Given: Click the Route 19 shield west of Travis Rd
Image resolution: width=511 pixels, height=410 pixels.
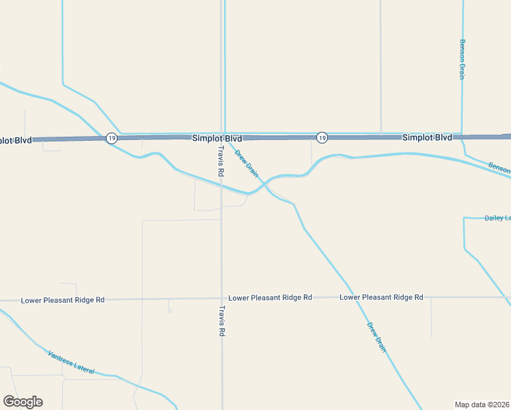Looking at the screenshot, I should tap(111, 138).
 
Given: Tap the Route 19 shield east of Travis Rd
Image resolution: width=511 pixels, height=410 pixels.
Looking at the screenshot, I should tap(322, 138).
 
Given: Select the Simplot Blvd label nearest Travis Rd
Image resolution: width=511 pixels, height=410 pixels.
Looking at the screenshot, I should tap(217, 138).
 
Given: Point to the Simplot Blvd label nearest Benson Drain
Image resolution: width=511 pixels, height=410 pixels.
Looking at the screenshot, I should tap(427, 137).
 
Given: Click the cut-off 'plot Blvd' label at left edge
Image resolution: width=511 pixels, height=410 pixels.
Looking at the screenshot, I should tap(16, 140).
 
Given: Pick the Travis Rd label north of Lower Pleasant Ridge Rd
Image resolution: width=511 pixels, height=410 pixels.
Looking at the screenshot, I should tap(221, 161).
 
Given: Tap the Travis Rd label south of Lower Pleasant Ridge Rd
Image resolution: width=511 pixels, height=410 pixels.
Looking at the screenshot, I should tap(221, 320).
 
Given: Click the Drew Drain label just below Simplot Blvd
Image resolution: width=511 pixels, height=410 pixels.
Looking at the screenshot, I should tap(247, 163).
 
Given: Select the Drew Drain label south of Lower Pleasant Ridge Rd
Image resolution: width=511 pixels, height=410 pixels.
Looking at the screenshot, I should tap(376, 337).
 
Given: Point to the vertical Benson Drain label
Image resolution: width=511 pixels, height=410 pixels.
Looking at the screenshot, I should tap(462, 59).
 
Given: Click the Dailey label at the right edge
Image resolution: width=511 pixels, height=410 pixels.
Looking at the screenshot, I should tap(497, 218).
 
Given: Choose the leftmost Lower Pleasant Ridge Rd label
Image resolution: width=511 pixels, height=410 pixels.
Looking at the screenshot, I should tap(62, 300).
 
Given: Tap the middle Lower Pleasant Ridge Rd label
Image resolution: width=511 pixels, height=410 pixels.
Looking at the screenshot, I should tap(270, 298).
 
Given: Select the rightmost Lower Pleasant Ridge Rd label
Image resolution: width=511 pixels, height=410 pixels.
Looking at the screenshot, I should tap(381, 297).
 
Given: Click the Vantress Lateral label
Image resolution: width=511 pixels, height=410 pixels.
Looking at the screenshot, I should tap(70, 362).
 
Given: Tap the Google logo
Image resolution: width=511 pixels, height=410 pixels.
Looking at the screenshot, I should tap(23, 402).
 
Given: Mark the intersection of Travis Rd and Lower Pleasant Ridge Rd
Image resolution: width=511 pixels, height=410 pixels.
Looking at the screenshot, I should tap(221, 299).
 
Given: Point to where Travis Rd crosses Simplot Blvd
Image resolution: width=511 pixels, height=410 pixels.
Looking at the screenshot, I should tap(222, 137).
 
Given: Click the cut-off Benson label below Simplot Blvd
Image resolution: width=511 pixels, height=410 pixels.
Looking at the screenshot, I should tap(499, 167).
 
